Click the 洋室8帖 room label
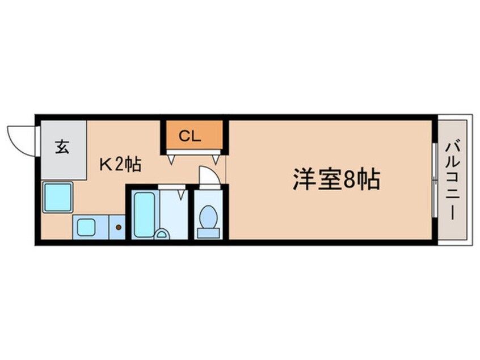[x=336, y=179]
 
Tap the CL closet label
[x=190, y=136]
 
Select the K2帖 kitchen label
[x=120, y=165]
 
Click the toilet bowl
[x=208, y=216]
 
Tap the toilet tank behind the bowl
[x=208, y=233]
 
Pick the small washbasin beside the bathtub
[x=162, y=235]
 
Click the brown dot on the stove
[x=119, y=227]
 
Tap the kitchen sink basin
[x=86, y=227]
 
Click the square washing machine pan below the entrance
[x=58, y=197]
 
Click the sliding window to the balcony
[x=435, y=180]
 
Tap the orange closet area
[x=194, y=135]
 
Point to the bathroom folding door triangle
[x=182, y=195]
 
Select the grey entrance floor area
[x=64, y=150]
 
